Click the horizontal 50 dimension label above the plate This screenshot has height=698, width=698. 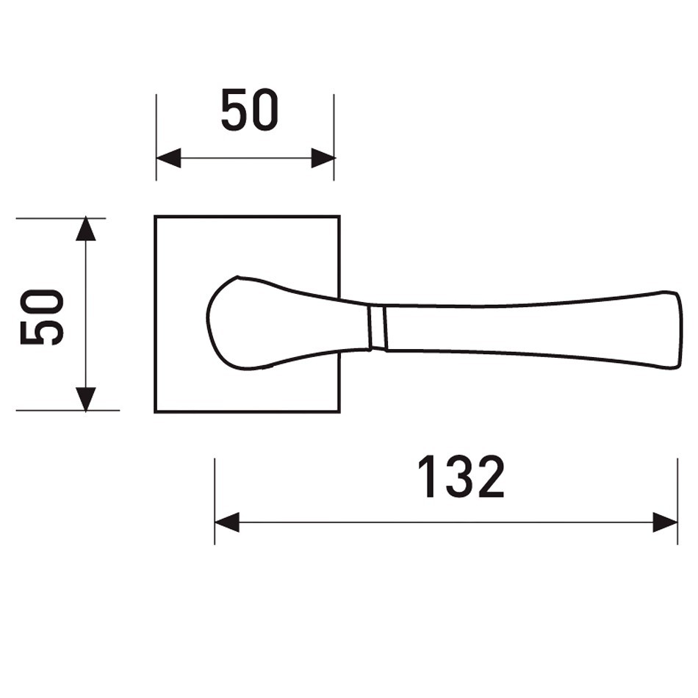250,109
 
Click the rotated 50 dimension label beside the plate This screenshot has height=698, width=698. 43,317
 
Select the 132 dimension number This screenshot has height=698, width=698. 461,477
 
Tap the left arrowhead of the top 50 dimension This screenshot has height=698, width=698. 168,158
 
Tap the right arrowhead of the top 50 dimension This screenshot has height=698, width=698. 323,158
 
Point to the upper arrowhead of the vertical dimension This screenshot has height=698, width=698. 86,229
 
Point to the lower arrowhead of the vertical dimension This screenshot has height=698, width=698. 86,399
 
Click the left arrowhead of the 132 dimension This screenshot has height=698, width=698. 227,522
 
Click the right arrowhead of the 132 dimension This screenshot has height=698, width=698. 665,522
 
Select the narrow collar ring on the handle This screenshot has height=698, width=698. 377,327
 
